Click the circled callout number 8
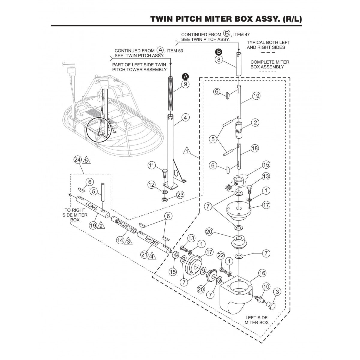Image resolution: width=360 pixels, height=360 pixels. pyautogui.click(x=219, y=59)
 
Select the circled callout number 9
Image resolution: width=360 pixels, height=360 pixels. pyautogui.click(x=185, y=84)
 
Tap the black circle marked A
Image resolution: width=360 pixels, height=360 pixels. pyautogui.click(x=185, y=75)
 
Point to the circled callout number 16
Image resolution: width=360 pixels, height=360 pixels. pyautogui.click(x=262, y=273)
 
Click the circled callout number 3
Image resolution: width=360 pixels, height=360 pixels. pyautogui.click(x=277, y=291)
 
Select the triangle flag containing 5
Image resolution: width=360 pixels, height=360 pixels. pyautogui.click(x=86, y=160)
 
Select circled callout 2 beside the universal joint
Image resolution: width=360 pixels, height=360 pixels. pyautogui.click(x=255, y=122)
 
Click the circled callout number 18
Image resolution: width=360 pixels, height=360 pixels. pyautogui.click(x=254, y=148)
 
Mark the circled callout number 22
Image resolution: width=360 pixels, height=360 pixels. pyautogui.click(x=221, y=255)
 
